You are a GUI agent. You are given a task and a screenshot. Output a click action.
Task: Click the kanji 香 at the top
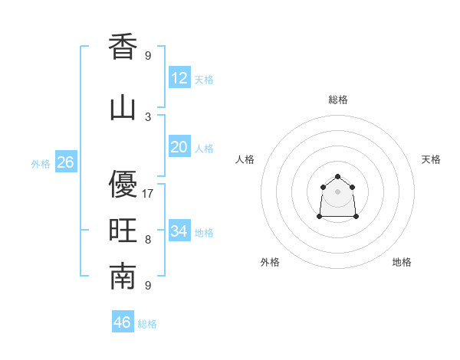coord(123,47)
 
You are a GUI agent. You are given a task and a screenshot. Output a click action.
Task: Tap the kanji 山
coord(123,108)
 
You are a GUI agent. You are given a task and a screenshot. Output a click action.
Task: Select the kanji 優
coord(123,185)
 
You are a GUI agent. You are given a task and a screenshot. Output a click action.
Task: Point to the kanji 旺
coord(123,231)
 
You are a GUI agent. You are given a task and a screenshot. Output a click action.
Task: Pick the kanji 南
coord(123,277)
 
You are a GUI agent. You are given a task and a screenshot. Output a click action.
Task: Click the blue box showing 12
coord(179,78)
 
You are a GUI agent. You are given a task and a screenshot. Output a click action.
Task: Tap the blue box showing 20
coord(179,147)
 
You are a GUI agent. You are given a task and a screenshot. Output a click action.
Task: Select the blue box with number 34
coord(179,231)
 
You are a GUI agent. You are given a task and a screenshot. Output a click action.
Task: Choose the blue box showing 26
coord(65,162)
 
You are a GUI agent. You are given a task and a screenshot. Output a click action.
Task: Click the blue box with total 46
coord(123,322)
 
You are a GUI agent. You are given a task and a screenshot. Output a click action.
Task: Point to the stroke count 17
coord(148,194)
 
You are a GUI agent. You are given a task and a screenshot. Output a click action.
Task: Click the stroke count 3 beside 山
coord(148,117)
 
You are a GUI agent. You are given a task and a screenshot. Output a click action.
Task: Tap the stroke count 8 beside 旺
coord(148,240)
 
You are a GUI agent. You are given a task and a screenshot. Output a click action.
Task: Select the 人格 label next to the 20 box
coord(204,149)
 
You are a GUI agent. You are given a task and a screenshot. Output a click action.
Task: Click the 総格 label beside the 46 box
coord(147,324)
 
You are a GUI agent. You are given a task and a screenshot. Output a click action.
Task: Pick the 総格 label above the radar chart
coord(338,100)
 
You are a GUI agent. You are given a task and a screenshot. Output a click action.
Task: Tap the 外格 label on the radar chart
coord(270,262)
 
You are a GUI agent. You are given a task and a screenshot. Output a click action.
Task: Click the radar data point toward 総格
coord(338,177)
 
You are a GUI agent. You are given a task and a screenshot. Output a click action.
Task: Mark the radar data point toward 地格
coord(356,217)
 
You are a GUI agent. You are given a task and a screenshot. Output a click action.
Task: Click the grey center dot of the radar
coord(338,191)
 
